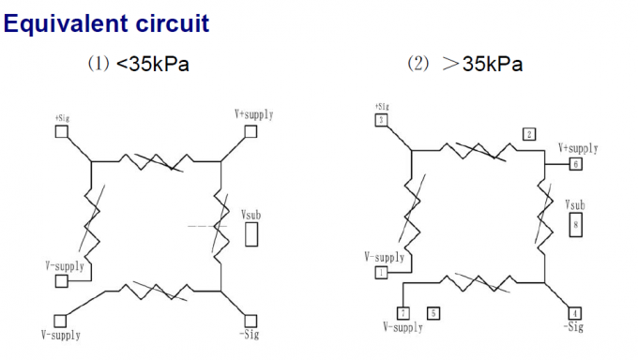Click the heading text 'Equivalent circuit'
point(106,22)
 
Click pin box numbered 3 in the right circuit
point(381,120)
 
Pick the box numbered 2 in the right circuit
point(529,135)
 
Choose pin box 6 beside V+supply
point(575,163)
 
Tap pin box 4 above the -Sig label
point(575,312)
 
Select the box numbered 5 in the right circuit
point(433,313)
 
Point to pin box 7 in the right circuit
point(403,313)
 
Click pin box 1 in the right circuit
point(381,272)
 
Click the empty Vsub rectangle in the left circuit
point(251,234)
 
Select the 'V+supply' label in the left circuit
point(253,114)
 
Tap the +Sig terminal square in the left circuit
point(62,131)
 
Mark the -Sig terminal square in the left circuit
point(250,321)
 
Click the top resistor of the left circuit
point(156,161)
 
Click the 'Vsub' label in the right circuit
point(575,204)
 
